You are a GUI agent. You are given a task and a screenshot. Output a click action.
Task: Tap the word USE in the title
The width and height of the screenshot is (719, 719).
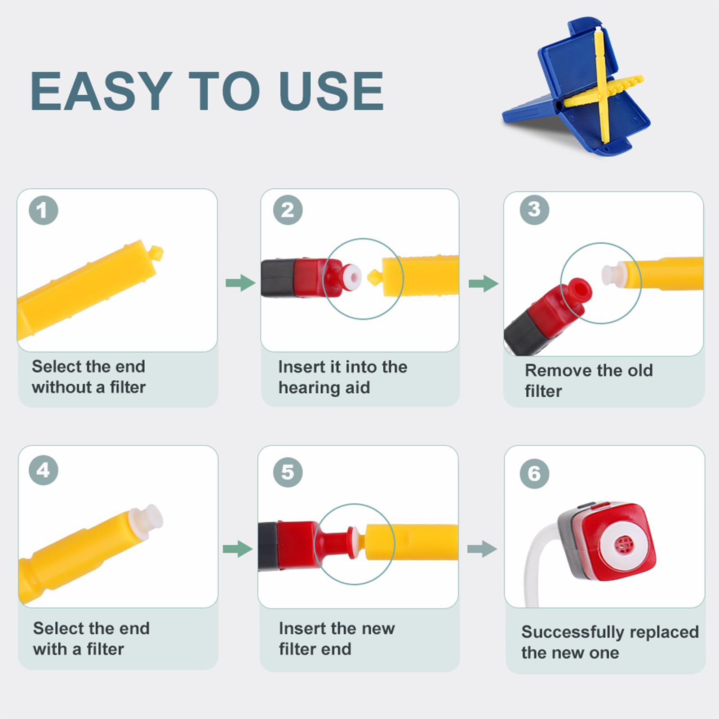click(331, 91)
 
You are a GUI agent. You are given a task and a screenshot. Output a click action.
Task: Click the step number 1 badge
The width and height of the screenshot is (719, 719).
click(44, 210)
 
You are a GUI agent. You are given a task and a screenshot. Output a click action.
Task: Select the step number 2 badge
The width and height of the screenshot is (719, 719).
click(288, 210)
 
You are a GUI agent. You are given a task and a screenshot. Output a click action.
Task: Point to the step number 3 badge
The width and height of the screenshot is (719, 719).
click(534, 209)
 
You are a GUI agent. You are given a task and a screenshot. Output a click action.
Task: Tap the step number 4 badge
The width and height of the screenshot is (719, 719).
click(44, 470)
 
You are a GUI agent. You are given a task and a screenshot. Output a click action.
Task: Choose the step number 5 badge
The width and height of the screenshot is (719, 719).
click(288, 472)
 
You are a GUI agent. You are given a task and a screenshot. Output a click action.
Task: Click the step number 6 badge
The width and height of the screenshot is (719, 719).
click(534, 473)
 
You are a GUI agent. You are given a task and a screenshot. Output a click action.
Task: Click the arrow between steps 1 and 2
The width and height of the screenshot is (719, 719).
click(240, 283)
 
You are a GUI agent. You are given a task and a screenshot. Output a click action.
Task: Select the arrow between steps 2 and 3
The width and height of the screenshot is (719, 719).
click(484, 284)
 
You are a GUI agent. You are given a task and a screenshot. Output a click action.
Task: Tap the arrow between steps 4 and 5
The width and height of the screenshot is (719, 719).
click(238, 549)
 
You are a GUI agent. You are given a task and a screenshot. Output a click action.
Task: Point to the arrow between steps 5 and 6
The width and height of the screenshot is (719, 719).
click(482, 549)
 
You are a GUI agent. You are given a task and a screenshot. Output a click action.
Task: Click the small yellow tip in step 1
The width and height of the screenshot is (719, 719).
click(156, 253)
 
